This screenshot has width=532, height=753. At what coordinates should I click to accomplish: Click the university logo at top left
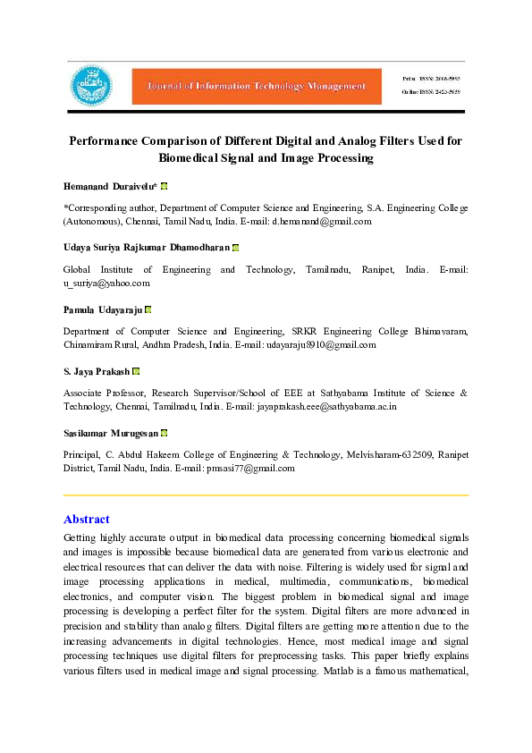91,86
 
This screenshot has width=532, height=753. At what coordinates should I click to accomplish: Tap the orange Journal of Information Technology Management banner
250,86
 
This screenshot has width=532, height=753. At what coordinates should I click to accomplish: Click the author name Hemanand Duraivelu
110,187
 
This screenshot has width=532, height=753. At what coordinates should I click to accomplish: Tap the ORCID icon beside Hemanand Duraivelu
165,187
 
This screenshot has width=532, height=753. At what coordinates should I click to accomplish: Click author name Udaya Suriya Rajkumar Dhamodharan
146,246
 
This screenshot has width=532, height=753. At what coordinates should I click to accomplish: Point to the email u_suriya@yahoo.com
106,283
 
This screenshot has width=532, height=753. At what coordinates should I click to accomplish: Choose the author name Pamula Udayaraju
102,309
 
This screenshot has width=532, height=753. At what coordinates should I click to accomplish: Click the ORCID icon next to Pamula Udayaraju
148,309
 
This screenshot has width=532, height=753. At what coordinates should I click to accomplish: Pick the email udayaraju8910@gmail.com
321,344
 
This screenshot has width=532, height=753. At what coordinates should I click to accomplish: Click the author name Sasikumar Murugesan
111,433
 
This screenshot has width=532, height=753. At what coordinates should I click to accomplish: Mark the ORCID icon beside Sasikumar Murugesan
165,433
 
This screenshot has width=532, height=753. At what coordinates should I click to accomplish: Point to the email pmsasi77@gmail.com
250,468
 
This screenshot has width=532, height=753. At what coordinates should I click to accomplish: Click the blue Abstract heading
87,520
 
